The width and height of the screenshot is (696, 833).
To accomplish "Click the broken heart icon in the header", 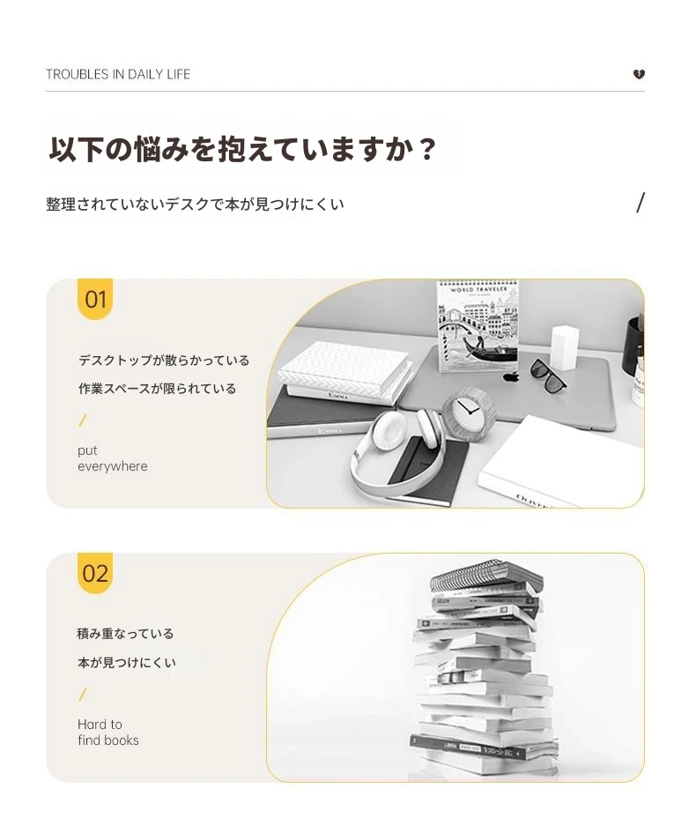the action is (x=639, y=74).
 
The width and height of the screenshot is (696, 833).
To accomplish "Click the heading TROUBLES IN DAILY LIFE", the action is (x=118, y=74).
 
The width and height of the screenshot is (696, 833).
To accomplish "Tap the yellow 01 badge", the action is (x=95, y=299).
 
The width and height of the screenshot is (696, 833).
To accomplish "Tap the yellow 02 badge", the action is (x=95, y=573).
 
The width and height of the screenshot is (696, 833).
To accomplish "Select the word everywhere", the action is (x=113, y=466).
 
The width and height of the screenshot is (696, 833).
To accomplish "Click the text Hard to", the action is (x=100, y=724).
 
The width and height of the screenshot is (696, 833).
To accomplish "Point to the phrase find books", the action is (x=108, y=740).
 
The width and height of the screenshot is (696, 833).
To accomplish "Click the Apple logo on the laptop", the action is (x=511, y=376).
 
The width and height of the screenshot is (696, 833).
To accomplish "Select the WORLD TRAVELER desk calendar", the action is (x=477, y=325).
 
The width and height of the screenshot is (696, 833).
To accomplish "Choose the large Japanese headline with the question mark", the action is (x=242, y=149).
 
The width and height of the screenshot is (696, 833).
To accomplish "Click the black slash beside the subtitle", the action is (x=640, y=203).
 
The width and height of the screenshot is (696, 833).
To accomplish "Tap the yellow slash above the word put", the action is (x=82, y=420).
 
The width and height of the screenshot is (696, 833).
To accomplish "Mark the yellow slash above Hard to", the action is (x=82, y=695).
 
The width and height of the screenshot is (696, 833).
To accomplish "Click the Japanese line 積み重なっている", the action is (x=125, y=634).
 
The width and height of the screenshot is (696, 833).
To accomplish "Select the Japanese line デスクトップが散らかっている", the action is (x=164, y=361).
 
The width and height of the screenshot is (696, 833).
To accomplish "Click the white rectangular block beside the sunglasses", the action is (x=565, y=347).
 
